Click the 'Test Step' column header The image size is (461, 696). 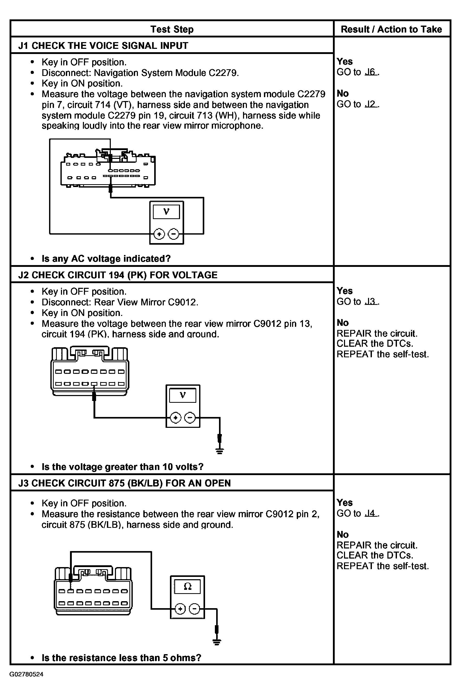pyautogui.click(x=172, y=29)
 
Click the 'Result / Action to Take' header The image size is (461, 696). pyautogui.click(x=391, y=29)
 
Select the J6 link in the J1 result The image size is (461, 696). pyautogui.click(x=371, y=72)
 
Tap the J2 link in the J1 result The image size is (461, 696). pyautogui.click(x=371, y=104)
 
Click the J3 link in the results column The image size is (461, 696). pyautogui.click(x=371, y=302)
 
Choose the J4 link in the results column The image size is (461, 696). pyautogui.click(x=371, y=513)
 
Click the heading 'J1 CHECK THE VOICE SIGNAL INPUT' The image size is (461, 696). pyautogui.click(x=103, y=46)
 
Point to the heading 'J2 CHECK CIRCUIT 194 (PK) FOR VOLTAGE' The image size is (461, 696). pyautogui.click(x=118, y=275)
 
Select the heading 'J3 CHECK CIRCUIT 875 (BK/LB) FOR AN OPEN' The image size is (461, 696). pyautogui.click(x=125, y=483)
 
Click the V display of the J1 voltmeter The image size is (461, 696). pyautogui.click(x=166, y=212)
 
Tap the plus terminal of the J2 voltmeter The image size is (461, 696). pyautogui.click(x=176, y=418)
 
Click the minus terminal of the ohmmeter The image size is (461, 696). pyautogui.click(x=194, y=609)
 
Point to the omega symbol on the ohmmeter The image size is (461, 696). pyautogui.click(x=187, y=587)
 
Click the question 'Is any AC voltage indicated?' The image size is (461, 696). pyautogui.click(x=106, y=259)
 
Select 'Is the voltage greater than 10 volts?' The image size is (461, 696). pyautogui.click(x=123, y=467)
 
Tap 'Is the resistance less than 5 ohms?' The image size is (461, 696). pyautogui.click(x=121, y=658)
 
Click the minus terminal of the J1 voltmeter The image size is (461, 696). pyautogui.click(x=174, y=234)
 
